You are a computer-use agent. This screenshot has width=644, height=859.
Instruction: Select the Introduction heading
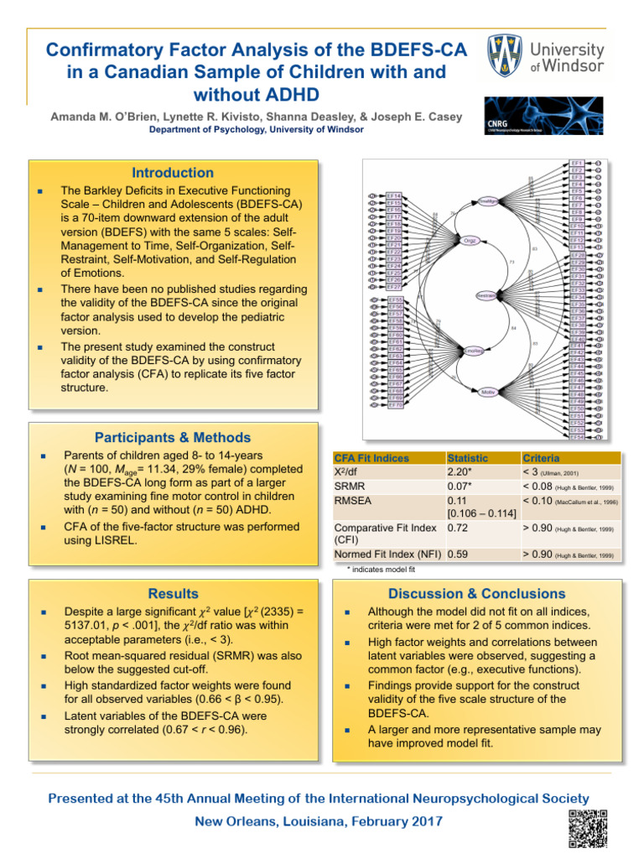[176, 173]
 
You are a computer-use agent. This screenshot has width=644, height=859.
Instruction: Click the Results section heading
[174, 594]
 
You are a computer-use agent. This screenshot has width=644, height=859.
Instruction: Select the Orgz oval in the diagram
[471, 241]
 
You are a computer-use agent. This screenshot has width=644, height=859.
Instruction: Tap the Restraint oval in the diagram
[487, 295]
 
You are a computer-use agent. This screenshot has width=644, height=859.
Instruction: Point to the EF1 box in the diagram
[577, 163]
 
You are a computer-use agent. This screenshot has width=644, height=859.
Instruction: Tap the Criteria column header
[542, 458]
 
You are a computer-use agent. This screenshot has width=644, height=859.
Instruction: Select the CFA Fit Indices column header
[371, 458]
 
